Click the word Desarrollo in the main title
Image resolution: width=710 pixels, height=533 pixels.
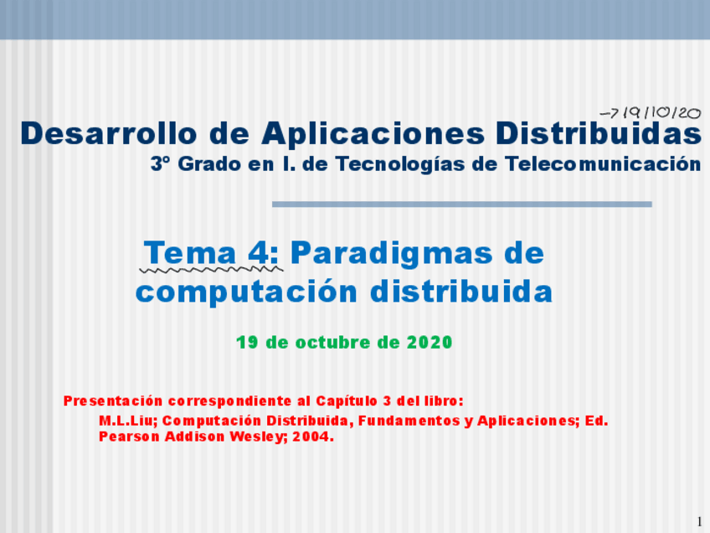tap(109, 133)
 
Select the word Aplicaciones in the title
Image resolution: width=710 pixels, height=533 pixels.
tap(373, 135)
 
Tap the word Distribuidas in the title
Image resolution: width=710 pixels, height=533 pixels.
tap(599, 133)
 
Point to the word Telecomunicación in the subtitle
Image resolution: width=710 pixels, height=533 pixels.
tap(603, 163)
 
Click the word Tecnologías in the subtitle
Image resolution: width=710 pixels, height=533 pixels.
tap(400, 165)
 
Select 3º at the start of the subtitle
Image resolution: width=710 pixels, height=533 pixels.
tap(160, 163)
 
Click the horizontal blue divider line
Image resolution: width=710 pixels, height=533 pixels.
tap(462, 204)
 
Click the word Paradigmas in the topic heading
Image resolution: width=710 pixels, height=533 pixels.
tap(392, 255)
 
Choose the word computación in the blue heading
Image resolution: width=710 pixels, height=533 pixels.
tap(247, 292)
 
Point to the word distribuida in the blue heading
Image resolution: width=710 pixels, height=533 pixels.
tap(461, 290)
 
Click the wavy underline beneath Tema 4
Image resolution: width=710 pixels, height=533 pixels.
tap(212, 270)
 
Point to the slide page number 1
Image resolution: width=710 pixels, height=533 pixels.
tap(700, 521)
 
